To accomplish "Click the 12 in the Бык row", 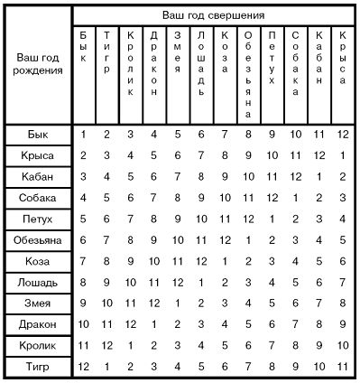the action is (x=343, y=135).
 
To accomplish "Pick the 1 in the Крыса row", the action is (x=343, y=155).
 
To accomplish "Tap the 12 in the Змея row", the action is (x=154, y=303).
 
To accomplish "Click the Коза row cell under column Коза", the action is (x=225, y=261).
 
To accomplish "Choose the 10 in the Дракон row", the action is (x=84, y=323).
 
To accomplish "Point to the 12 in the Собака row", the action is (x=272, y=198).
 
